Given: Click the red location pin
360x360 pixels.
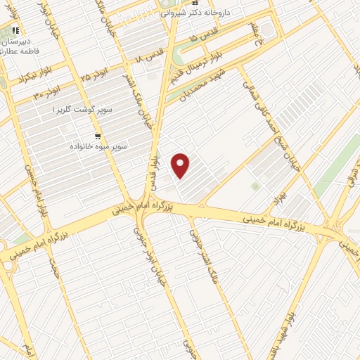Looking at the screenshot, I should click(x=181, y=165).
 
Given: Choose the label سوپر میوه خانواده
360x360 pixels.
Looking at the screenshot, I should click(x=96, y=148).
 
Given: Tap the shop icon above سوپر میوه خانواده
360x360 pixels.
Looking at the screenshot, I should click(x=96, y=136).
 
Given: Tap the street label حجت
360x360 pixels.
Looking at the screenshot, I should click(x=55, y=265).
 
